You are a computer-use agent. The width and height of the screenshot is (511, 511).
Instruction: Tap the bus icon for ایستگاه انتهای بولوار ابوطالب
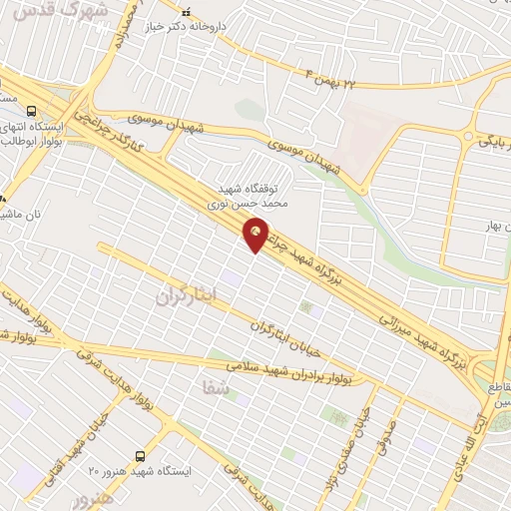tap(33, 112)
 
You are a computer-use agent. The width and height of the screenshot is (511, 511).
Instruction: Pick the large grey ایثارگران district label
tap(187, 295)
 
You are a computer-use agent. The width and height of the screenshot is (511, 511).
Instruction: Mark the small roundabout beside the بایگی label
tap(466, 135)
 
